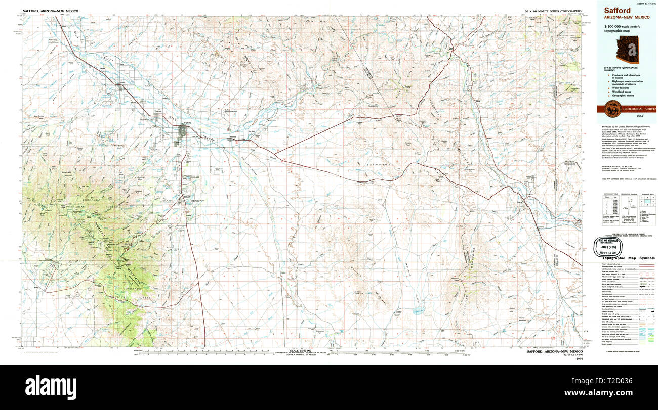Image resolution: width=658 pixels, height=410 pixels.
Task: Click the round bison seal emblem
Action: (610, 109)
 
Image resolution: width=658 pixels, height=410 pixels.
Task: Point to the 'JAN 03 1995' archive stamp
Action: (610, 245)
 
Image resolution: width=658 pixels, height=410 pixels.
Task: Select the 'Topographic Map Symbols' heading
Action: (629, 258)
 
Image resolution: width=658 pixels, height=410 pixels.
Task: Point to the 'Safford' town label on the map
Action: (187, 122)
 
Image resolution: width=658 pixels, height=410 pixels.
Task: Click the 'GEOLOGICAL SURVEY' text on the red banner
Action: (640, 109)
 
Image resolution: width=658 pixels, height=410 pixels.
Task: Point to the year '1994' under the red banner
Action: (627, 117)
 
